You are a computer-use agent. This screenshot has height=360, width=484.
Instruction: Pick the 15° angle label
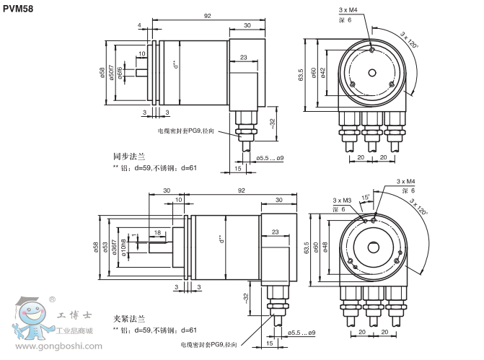(x=366, y=196)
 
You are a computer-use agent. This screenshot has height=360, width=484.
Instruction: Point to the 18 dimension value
(x=157, y=232)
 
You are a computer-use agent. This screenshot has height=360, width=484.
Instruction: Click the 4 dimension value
(x=139, y=26)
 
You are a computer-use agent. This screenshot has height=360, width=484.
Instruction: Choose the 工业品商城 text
(x=76, y=330)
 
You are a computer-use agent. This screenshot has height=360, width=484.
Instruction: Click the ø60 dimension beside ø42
(x=314, y=73)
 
